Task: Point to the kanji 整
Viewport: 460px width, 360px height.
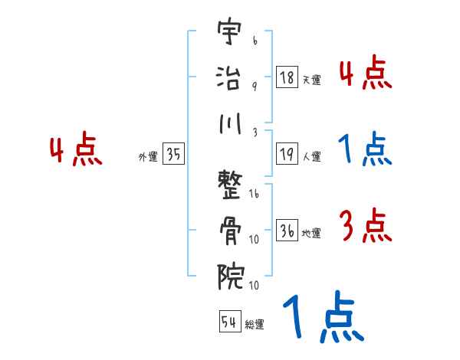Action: click(231, 185)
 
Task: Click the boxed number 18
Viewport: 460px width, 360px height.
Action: click(287, 78)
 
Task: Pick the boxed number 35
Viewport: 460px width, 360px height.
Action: click(173, 155)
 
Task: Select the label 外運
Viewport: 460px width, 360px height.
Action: click(148, 157)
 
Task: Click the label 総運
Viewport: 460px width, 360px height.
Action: click(255, 324)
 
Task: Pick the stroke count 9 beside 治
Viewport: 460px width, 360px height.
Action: click(254, 86)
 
